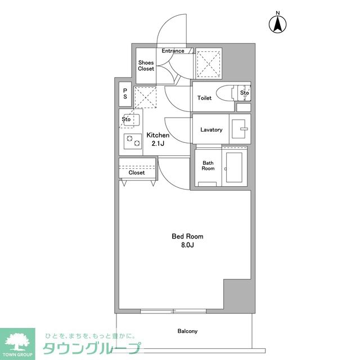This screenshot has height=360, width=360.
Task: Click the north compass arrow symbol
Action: tap(277, 24)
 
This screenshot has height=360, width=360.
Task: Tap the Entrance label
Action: tap(173, 51)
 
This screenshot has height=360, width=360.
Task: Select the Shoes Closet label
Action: tap(146, 66)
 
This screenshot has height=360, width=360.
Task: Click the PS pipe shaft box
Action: tap(125, 94)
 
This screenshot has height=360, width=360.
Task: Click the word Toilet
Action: tap(204, 98)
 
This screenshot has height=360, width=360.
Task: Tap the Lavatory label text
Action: tap(211, 130)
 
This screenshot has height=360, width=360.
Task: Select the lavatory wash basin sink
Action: tap(240, 129)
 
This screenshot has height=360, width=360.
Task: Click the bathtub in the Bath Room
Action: tap(235, 167)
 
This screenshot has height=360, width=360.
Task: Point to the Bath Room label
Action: tap(208, 165)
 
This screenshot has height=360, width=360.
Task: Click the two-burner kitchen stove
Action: tap(133, 141)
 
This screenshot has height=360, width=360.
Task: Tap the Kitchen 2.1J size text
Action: tap(158, 139)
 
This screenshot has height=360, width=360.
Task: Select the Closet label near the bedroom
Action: tap(137, 173)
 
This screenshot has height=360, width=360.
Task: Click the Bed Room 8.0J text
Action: tap(187, 240)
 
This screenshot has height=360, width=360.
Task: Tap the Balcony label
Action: tap(187, 331)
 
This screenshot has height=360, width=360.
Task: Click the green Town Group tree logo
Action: tap(17, 344)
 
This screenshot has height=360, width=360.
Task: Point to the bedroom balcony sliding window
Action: tap(173, 311)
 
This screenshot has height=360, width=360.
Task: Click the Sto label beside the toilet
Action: tap(245, 93)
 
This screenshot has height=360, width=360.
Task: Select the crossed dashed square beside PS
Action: tap(145, 97)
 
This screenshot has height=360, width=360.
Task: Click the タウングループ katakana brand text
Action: tap(92, 349)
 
